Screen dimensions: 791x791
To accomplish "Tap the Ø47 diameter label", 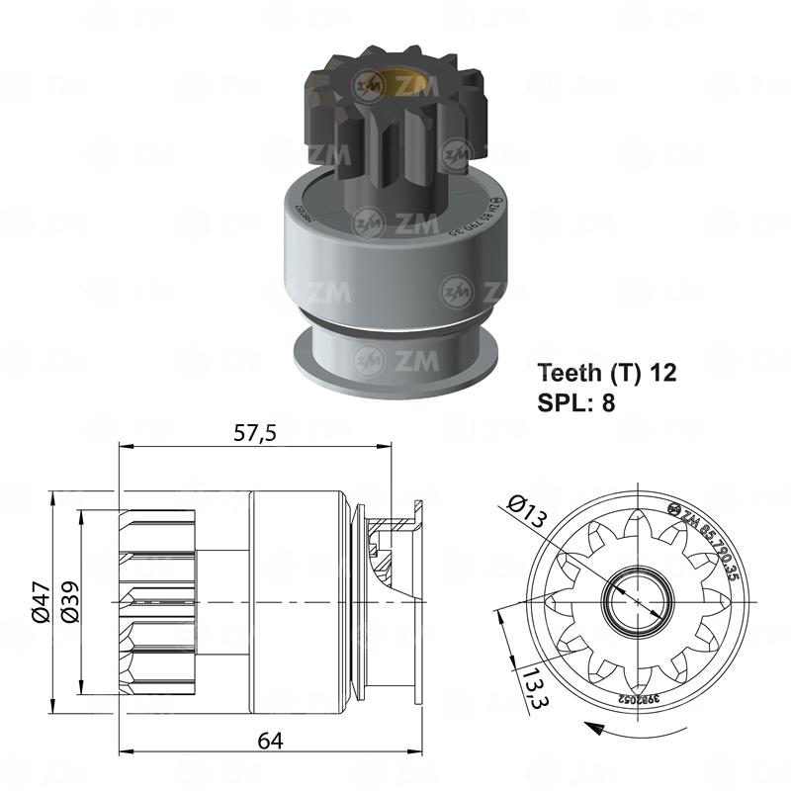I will (41, 600).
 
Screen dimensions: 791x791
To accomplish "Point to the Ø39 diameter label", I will (70, 600).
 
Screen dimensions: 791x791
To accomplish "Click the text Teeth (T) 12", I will (607, 373).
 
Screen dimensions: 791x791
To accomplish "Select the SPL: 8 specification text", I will (576, 403).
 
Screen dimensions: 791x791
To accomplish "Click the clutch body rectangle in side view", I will (297, 601).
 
